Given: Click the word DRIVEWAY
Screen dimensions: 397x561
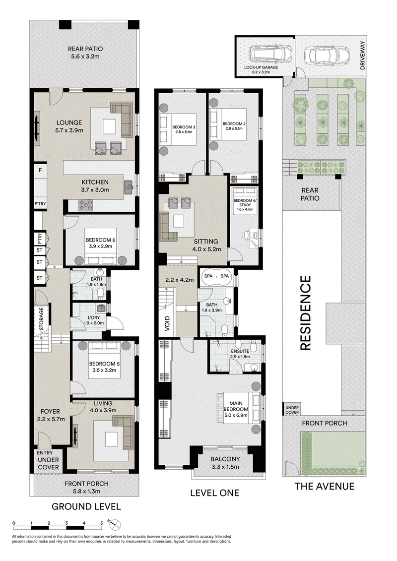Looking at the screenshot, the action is [362, 56].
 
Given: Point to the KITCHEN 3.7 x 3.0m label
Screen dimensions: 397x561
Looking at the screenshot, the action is [95, 186].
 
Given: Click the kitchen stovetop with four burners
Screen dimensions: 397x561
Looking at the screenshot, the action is [85, 205].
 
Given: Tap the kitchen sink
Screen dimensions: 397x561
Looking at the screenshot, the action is [129, 187].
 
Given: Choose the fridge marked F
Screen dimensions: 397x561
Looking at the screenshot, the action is [41, 171].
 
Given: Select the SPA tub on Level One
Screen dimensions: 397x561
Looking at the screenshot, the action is [216, 276].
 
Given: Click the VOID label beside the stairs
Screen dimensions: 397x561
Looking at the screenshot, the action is [168, 323].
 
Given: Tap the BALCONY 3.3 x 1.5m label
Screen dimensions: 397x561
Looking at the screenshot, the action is [225, 463].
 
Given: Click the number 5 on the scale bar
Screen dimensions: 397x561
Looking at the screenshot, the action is [101, 523].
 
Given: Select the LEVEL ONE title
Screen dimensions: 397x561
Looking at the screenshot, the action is [214, 493].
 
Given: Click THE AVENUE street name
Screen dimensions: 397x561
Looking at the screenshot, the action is [325, 486].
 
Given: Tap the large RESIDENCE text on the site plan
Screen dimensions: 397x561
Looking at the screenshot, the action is [305, 312].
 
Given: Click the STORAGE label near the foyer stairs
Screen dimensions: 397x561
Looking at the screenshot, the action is [41, 319].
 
